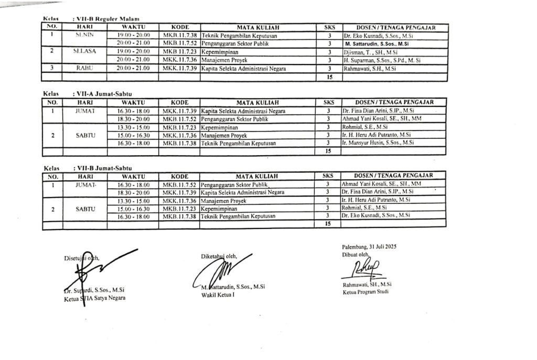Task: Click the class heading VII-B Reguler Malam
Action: (x=108, y=19)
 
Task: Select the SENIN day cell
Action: (x=84, y=35)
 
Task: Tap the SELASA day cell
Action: (x=84, y=52)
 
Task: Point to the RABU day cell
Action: (x=84, y=68)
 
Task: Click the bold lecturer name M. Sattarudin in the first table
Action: (x=378, y=44)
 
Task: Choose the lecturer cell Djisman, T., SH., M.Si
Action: (x=368, y=52)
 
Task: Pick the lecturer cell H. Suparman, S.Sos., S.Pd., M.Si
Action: (x=379, y=60)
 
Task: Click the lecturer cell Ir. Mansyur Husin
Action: (x=378, y=143)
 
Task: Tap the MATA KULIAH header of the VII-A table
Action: (x=257, y=102)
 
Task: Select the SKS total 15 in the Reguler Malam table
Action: (x=329, y=77)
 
